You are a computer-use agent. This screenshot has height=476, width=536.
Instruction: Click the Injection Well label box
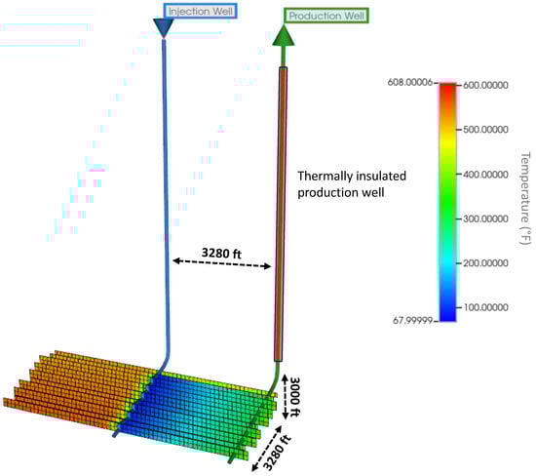point(201,12)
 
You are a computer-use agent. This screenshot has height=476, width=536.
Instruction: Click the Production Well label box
point(326,16)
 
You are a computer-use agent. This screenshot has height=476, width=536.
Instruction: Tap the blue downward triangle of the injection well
point(164,27)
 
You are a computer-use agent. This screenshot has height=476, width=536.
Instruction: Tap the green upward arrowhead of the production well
point(284,35)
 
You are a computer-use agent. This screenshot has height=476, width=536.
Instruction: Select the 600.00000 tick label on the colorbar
point(485,85)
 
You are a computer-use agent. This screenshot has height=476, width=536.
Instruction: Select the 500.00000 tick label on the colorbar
point(485,130)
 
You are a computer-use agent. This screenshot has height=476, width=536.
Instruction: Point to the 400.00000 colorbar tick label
point(485,175)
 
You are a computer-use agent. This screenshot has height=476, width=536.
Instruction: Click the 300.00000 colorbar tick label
point(485,218)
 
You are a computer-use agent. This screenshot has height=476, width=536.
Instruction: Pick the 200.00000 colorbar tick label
point(485,263)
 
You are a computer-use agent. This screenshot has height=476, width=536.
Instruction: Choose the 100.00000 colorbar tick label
point(485,307)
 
